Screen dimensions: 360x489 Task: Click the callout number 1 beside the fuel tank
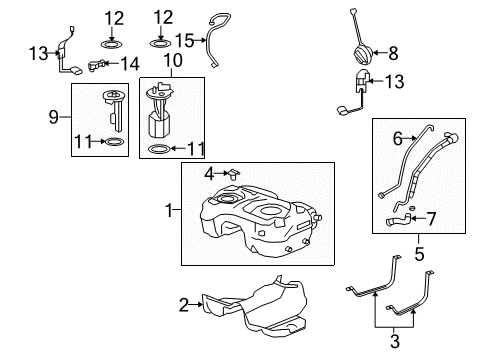(x=169, y=211)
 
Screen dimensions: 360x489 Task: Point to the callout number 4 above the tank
(x=210, y=172)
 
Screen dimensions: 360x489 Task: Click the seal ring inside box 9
(x=113, y=144)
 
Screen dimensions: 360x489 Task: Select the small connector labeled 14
(x=99, y=65)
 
